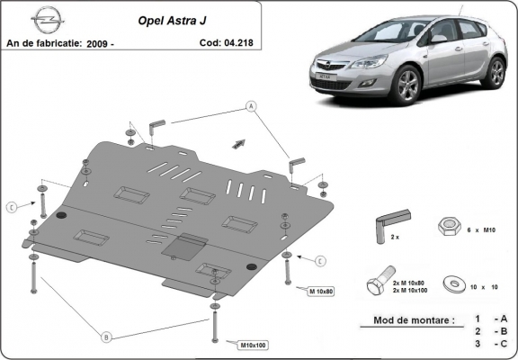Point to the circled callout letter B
click(106, 337)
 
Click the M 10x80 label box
click(321, 292)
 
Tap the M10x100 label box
click(255, 345)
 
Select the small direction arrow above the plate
click(238, 142)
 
